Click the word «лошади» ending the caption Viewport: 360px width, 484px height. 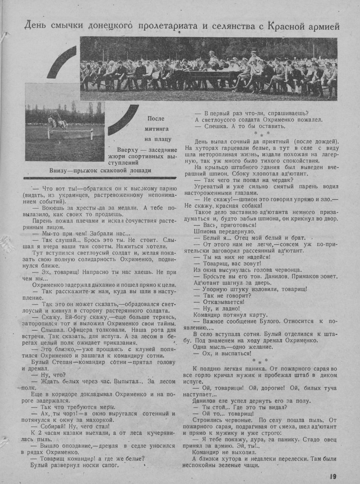tap(140, 170)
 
